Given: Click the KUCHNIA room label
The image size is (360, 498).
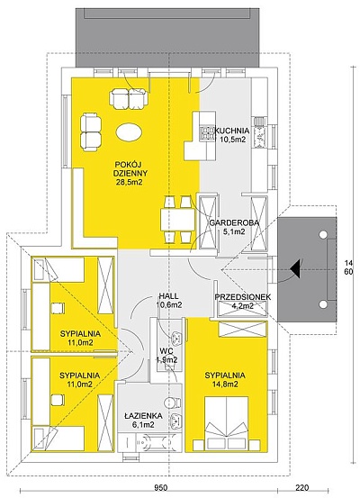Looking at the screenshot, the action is pyautogui.click(x=232, y=131).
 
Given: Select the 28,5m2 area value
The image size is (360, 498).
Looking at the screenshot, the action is pyautogui.click(x=130, y=182).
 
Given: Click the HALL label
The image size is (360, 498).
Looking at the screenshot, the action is pyautogui.click(x=168, y=296).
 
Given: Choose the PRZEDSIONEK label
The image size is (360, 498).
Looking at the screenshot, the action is pyautogui.click(x=243, y=297).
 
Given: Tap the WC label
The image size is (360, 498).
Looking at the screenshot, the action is pyautogui.click(x=166, y=351).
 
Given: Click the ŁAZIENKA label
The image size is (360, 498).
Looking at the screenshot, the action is pyautogui.click(x=139, y=416).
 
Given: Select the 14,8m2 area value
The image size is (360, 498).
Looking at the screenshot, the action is pyautogui.click(x=226, y=385).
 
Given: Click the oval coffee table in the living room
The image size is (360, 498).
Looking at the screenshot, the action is pyautogui.click(x=129, y=131).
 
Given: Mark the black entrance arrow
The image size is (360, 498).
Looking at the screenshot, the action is pyautogui.click(x=295, y=268).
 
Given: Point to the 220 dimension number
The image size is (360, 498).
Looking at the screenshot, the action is pyautogui.click(x=302, y=487).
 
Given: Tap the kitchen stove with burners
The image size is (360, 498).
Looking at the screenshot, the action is pyautogui.click(x=207, y=132).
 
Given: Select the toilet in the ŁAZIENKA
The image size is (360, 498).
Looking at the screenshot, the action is pyautogui.click(x=174, y=403).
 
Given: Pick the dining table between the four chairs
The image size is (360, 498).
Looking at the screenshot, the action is pyautogui.click(x=177, y=220).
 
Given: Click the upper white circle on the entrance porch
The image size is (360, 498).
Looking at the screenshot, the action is pyautogui.click(x=323, y=235).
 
